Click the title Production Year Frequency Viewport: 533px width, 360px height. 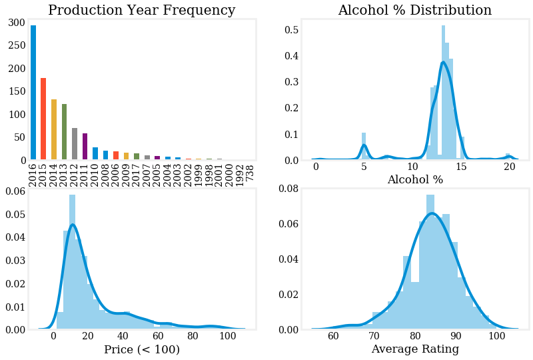[141, 11]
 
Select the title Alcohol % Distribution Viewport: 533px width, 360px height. [414, 11]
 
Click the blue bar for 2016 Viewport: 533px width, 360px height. [33, 93]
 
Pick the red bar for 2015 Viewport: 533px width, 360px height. [43, 119]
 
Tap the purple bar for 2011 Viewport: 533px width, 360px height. [85, 147]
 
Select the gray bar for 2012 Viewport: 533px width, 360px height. [75, 144]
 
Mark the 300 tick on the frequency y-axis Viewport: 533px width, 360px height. [17, 23]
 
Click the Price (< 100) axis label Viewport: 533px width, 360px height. [141, 349]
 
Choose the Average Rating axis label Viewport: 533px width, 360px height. [414, 349]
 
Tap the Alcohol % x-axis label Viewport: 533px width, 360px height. [414, 180]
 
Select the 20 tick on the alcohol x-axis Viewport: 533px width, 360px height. [510, 169]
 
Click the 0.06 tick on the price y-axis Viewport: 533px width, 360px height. [17, 191]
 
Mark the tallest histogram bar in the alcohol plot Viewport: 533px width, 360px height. [443, 93]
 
